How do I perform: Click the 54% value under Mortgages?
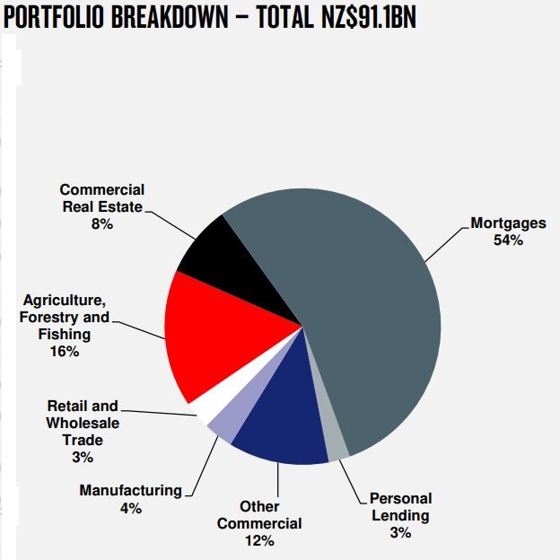pyautogui.click(x=507, y=240)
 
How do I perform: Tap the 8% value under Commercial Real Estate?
pyautogui.click(x=101, y=223)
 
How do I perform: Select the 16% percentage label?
pyautogui.click(x=65, y=351)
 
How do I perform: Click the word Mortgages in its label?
pyautogui.click(x=507, y=223)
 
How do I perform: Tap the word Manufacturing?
pyautogui.click(x=130, y=490)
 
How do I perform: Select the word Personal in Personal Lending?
pyautogui.click(x=400, y=498)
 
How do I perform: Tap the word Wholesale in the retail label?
pyautogui.click(x=82, y=423)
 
